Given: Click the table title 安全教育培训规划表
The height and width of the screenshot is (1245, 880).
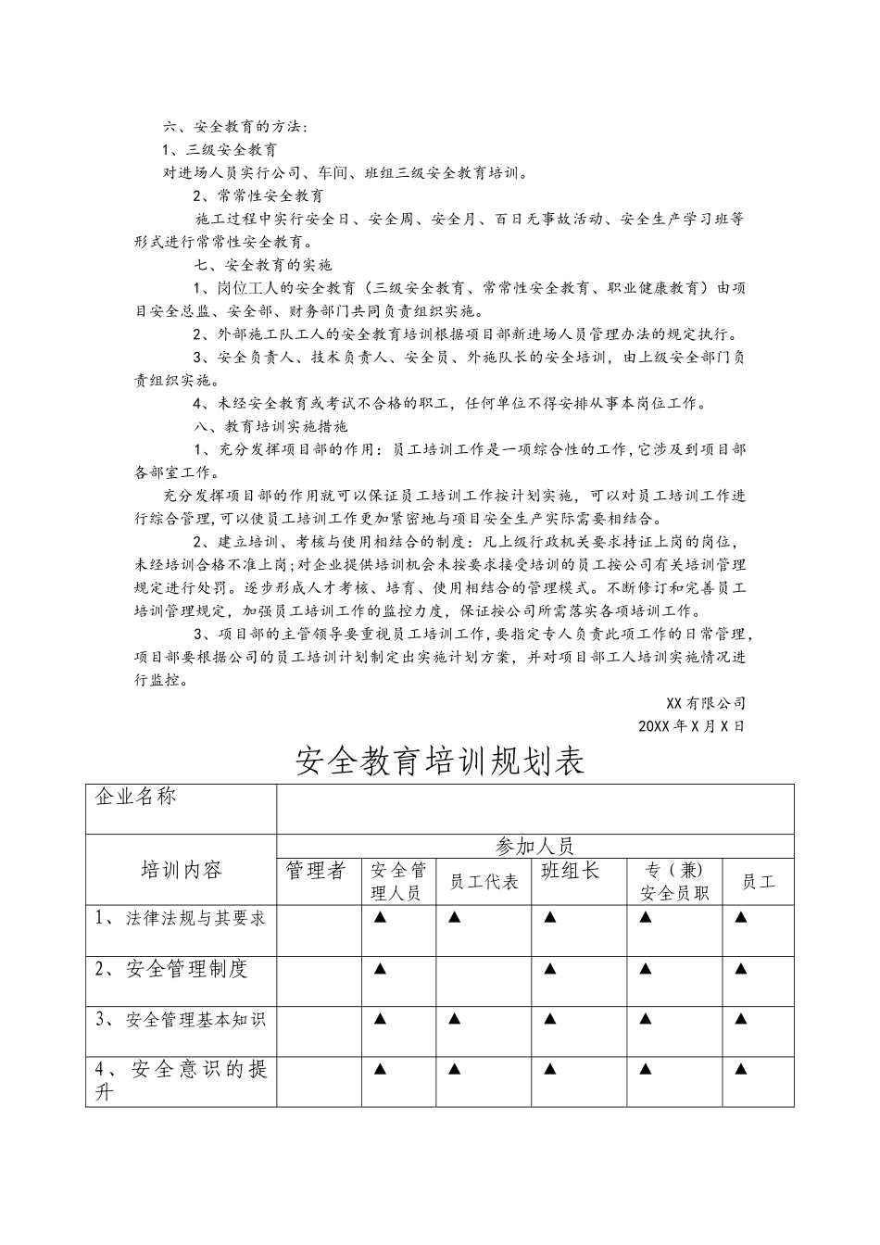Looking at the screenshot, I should (x=440, y=761).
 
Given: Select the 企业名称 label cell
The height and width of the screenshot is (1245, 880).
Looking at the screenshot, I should (x=135, y=797).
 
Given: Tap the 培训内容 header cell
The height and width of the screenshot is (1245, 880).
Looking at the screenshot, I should (x=181, y=870).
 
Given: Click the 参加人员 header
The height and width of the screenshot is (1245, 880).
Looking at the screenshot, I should (x=534, y=846).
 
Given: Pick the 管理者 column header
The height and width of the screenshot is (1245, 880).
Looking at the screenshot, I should (x=316, y=871).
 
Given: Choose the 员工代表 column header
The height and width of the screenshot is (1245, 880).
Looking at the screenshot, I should (x=483, y=881).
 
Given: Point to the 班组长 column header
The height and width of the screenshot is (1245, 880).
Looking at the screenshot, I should (x=571, y=871).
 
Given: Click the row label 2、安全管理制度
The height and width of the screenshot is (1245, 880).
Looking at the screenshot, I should (x=172, y=970).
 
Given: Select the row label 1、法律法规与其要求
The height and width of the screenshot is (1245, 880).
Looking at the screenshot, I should (x=181, y=918).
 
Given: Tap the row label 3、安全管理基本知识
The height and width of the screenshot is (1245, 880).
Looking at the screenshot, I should (x=181, y=1019).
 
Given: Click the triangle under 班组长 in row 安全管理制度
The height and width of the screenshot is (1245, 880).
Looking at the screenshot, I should (x=550, y=969).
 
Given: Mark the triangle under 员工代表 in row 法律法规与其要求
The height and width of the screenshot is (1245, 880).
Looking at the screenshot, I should (x=454, y=918).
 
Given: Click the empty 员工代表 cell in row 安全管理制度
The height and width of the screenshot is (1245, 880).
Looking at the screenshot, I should (x=483, y=981).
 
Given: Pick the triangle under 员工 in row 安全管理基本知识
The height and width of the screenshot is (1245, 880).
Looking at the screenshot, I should (x=740, y=1019).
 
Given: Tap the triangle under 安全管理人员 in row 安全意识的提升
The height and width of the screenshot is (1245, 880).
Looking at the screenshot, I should (x=379, y=1069).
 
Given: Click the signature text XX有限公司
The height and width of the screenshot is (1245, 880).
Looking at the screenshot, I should (x=705, y=703).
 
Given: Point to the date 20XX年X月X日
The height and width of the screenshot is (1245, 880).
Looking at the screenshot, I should (x=691, y=726).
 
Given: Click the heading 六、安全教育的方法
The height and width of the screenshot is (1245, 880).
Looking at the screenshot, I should (x=235, y=126).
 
